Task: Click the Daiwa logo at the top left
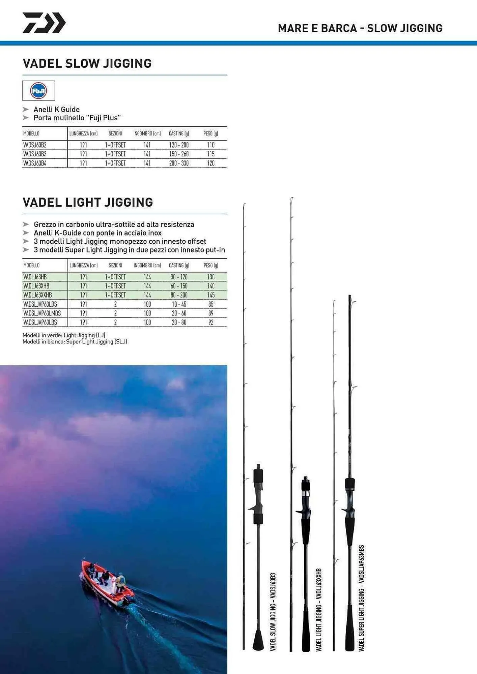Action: tap(44, 23)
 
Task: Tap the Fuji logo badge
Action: tap(38, 91)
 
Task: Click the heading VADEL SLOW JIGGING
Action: tap(87, 64)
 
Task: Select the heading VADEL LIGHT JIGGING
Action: tap(88, 203)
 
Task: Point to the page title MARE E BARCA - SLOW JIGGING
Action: tap(360, 28)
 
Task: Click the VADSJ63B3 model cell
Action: tap(35, 154)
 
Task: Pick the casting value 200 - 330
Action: tap(179, 163)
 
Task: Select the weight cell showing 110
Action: tap(211, 145)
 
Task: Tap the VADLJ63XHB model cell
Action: tap(36, 286)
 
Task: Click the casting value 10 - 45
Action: tap(179, 304)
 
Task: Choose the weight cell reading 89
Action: tap(211, 313)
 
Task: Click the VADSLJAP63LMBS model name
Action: tap(42, 313)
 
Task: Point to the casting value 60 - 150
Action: tap(179, 286)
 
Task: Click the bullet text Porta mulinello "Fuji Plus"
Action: tap(77, 118)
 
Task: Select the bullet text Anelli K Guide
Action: tap(57, 110)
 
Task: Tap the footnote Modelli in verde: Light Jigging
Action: tap(64, 335)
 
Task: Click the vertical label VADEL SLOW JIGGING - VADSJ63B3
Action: tap(273, 612)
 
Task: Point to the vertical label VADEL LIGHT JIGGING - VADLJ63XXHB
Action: tap(319, 610)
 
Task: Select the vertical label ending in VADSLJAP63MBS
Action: tap(361, 598)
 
